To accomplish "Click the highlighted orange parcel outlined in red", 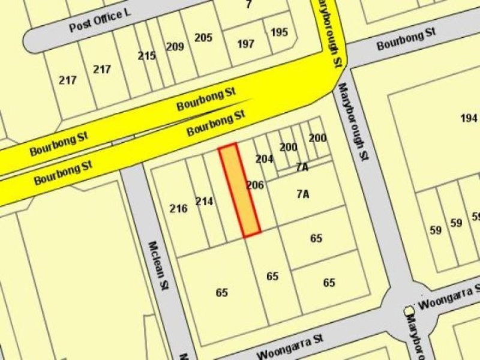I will pos(239,190).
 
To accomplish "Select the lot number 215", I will pos(147,56).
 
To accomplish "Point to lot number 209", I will pos(175,46).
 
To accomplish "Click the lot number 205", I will pos(203,38).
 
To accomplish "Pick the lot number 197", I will pos(246,43).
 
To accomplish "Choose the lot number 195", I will pos(279,32).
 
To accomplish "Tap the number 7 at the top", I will pos(248,5).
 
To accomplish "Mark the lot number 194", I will pos(469,118).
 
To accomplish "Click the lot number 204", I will pos(264,159).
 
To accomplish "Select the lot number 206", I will pos(255,185).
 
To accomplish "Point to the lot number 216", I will pos(179,209).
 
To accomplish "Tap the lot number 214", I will pos(205,202).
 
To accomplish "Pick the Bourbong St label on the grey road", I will pos(405,40).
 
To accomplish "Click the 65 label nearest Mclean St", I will pos(222,293).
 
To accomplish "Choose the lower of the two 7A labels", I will pos(303,194).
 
